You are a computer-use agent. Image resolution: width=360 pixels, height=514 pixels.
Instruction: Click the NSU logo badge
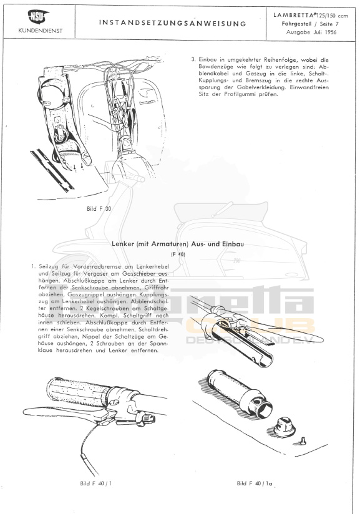tap(38, 17)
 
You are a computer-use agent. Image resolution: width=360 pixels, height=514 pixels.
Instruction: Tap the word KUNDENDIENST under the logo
tap(40, 31)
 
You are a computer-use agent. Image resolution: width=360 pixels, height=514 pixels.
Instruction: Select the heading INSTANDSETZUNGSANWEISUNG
tap(172, 23)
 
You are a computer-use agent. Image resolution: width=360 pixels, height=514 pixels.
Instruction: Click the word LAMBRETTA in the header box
tap(289, 15)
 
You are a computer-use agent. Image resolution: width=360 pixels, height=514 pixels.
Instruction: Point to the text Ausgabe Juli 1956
tap(311, 32)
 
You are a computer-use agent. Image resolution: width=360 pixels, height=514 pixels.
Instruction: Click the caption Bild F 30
tap(99, 208)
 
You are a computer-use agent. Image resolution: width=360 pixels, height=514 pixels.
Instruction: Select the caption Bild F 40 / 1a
tap(255, 483)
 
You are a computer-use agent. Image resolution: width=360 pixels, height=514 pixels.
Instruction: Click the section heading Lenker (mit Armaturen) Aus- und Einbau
tap(178, 244)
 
